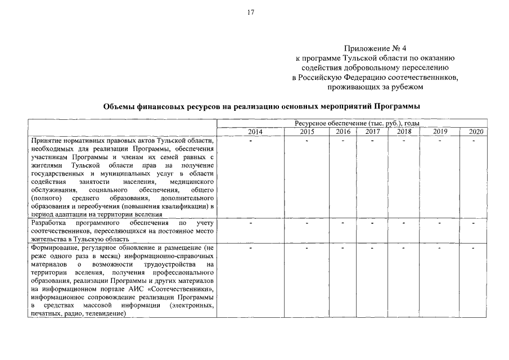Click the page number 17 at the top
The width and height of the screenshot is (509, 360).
pos(251,12)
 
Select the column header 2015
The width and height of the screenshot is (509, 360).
pos(307,132)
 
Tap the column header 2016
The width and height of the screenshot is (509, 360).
pos(343,132)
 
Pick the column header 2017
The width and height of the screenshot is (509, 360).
pos(372,132)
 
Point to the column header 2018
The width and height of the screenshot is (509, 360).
pos(404,132)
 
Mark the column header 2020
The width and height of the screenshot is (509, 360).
pos(475,132)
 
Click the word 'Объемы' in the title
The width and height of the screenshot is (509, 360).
pos(120,106)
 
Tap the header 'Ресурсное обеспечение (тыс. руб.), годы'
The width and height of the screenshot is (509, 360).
pos(357,123)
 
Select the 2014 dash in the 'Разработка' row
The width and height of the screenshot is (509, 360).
pos(251,224)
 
